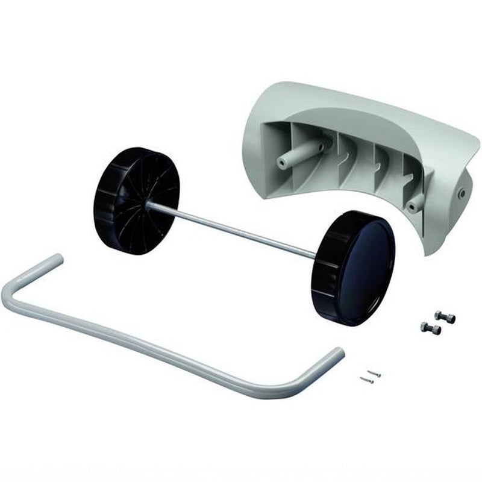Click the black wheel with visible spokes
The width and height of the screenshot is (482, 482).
(x=136, y=199)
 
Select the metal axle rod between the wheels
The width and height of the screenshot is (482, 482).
(x=235, y=230)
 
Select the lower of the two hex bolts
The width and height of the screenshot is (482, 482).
(x=431, y=328)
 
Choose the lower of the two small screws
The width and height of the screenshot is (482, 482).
(x=366, y=380)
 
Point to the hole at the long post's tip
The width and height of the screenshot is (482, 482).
(x=282, y=163)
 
